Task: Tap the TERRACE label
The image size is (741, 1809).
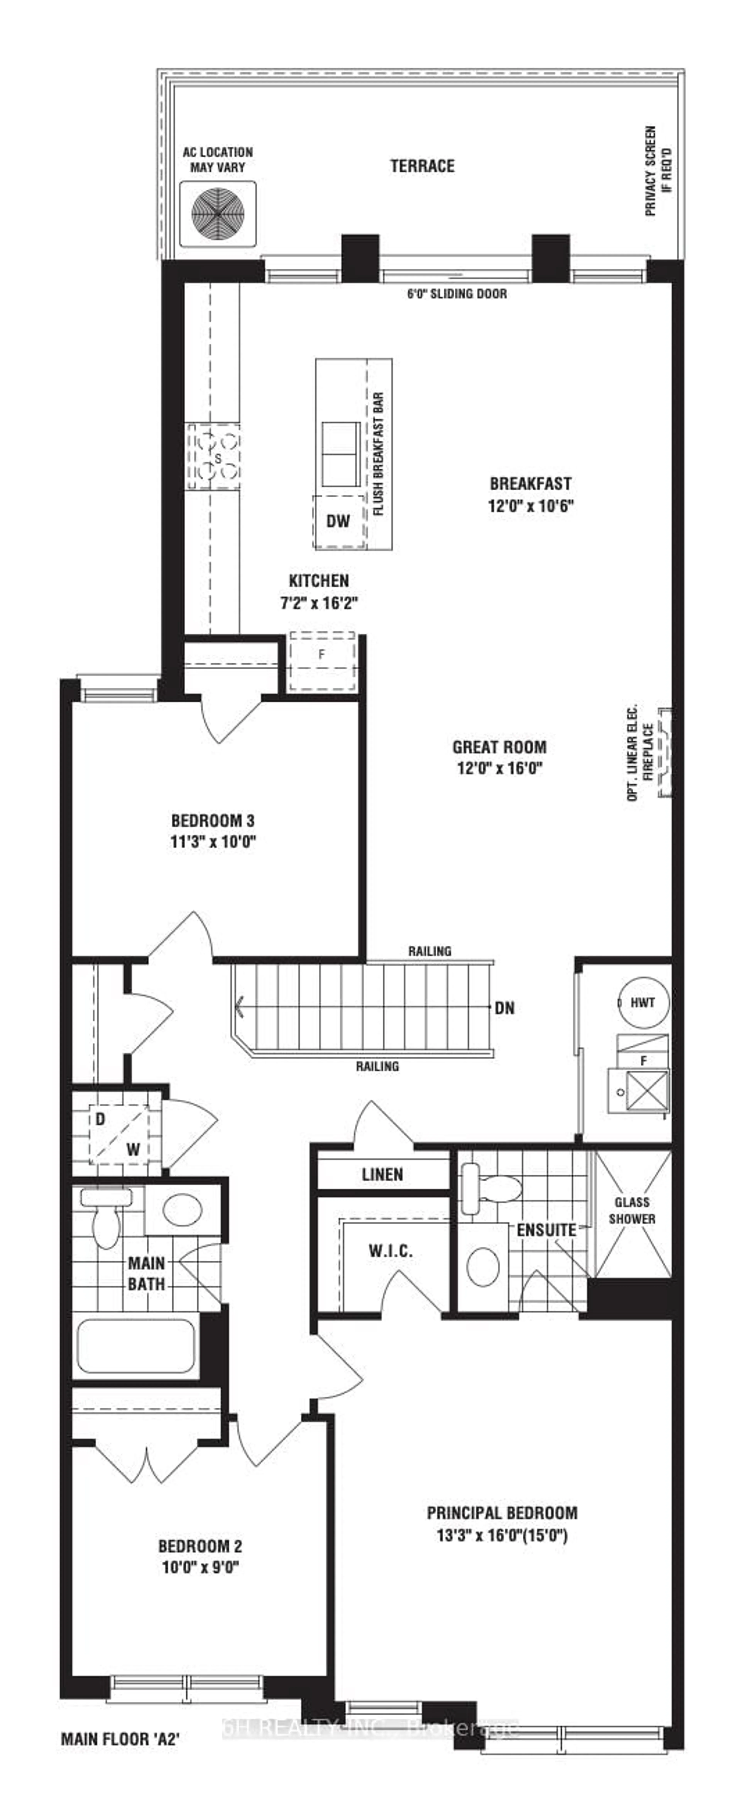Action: pos(422,166)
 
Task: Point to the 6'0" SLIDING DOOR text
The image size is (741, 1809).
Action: pos(457,294)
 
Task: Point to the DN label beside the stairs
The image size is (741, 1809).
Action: pos(504,1008)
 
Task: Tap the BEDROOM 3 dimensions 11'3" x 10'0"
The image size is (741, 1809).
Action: pos(213,841)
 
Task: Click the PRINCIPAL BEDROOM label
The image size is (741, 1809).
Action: pos(502,1513)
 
